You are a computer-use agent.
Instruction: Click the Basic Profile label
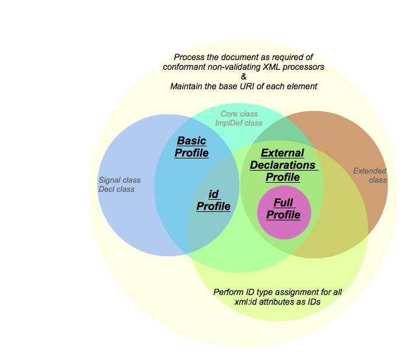pyautogui.click(x=191, y=147)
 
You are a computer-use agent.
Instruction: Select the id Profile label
pyautogui.click(x=213, y=200)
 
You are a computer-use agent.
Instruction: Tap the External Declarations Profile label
pyautogui.click(x=282, y=165)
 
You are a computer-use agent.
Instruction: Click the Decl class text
pyautogui.click(x=117, y=189)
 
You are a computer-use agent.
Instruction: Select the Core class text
pyautogui.click(x=239, y=114)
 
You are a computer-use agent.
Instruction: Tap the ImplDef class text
pyautogui.click(x=239, y=123)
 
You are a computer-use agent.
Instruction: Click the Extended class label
pyautogui.click(x=370, y=175)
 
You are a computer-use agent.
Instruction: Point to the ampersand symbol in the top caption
pyautogui.click(x=244, y=76)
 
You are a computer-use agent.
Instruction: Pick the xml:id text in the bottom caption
pyautogui.click(x=249, y=302)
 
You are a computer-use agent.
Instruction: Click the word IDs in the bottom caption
pyautogui.click(x=312, y=302)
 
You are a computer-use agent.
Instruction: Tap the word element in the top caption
pyautogui.click(x=302, y=86)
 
